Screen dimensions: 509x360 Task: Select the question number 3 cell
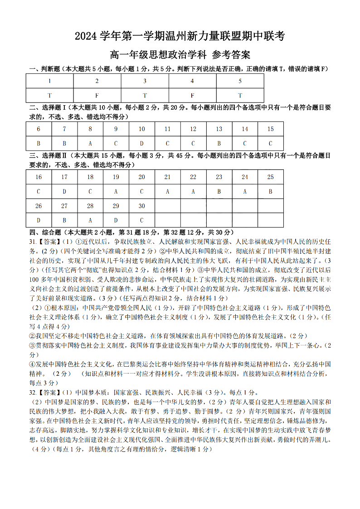[x=145, y=81]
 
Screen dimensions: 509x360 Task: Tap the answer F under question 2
[x=97, y=96]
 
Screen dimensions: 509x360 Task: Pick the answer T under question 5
[x=240, y=96]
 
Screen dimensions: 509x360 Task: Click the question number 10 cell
[x=142, y=129]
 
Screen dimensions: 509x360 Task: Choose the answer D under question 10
[x=142, y=144]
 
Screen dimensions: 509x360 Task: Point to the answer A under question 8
[x=90, y=144]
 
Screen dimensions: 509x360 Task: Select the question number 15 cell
[x=271, y=129]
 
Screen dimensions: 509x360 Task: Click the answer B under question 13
[x=219, y=144]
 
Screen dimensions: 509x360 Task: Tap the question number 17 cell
[x=64, y=177]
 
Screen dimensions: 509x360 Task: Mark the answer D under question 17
[x=64, y=192]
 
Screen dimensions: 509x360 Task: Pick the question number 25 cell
[x=271, y=177]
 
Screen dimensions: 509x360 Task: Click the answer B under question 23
[x=219, y=192]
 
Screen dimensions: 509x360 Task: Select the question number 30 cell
[x=142, y=206]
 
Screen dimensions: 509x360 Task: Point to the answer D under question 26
[x=39, y=221]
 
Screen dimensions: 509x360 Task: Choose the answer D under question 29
[x=116, y=221]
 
